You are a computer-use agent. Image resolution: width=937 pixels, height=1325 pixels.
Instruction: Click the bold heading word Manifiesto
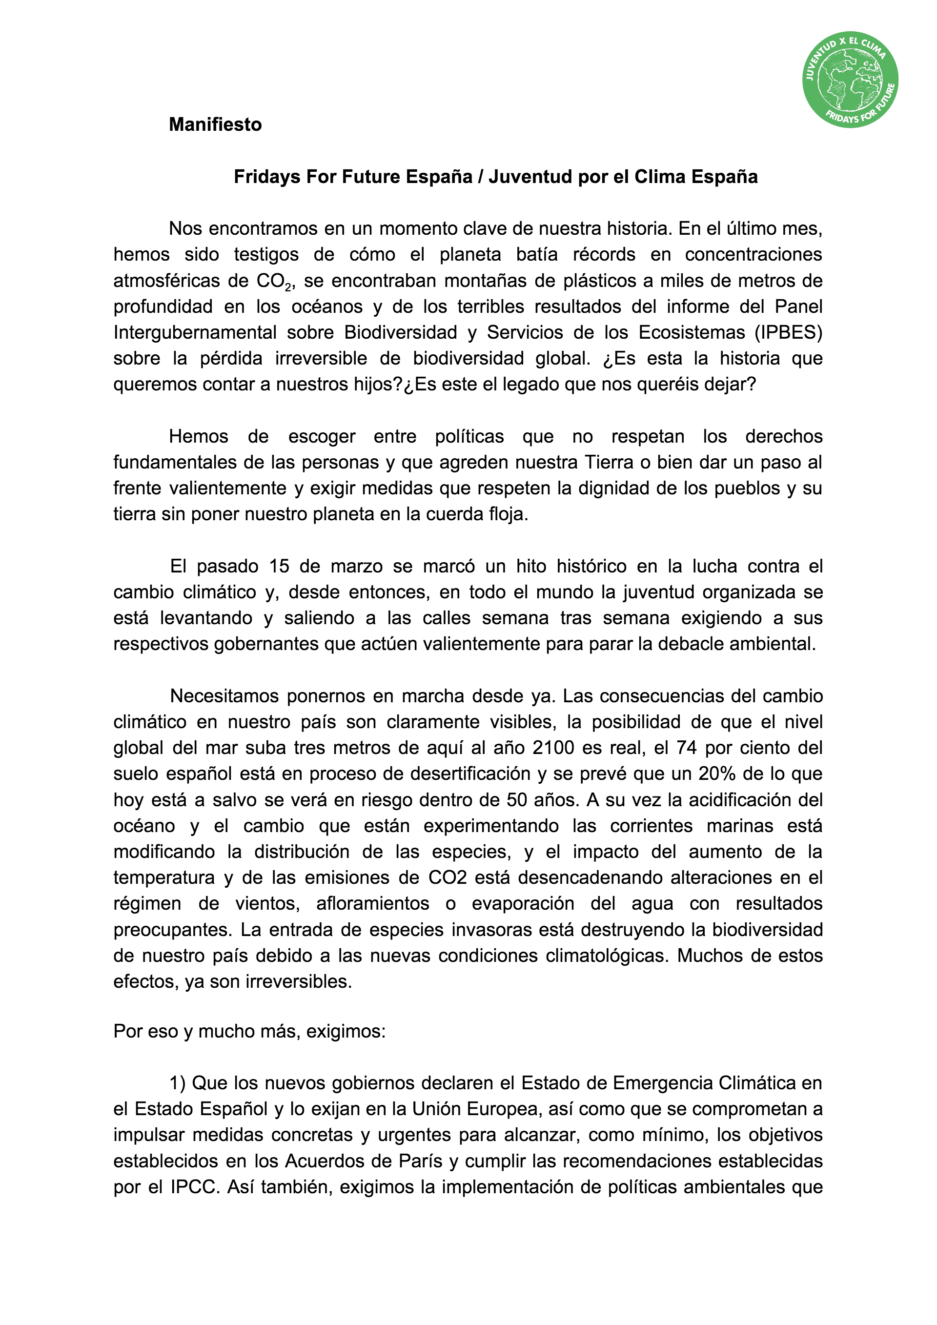click(215, 124)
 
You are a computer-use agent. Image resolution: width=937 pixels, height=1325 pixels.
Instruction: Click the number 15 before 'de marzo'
click(279, 566)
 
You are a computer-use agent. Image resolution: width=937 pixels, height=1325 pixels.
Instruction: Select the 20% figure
click(716, 774)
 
